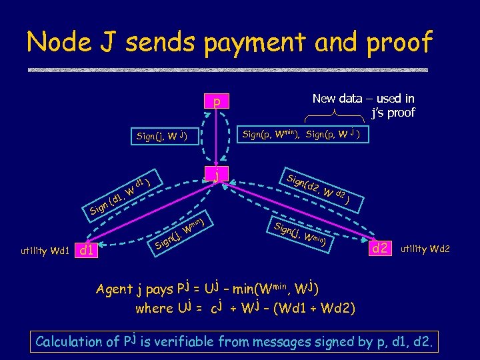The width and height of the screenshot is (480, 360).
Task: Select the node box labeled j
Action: pos(216,175)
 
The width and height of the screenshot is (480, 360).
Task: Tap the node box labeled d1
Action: pos(87,251)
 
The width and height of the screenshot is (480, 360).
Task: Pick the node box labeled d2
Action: pos(381,249)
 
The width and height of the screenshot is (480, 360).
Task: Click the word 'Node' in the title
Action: pos(58,43)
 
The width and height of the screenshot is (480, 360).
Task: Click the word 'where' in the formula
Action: pos(153,309)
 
